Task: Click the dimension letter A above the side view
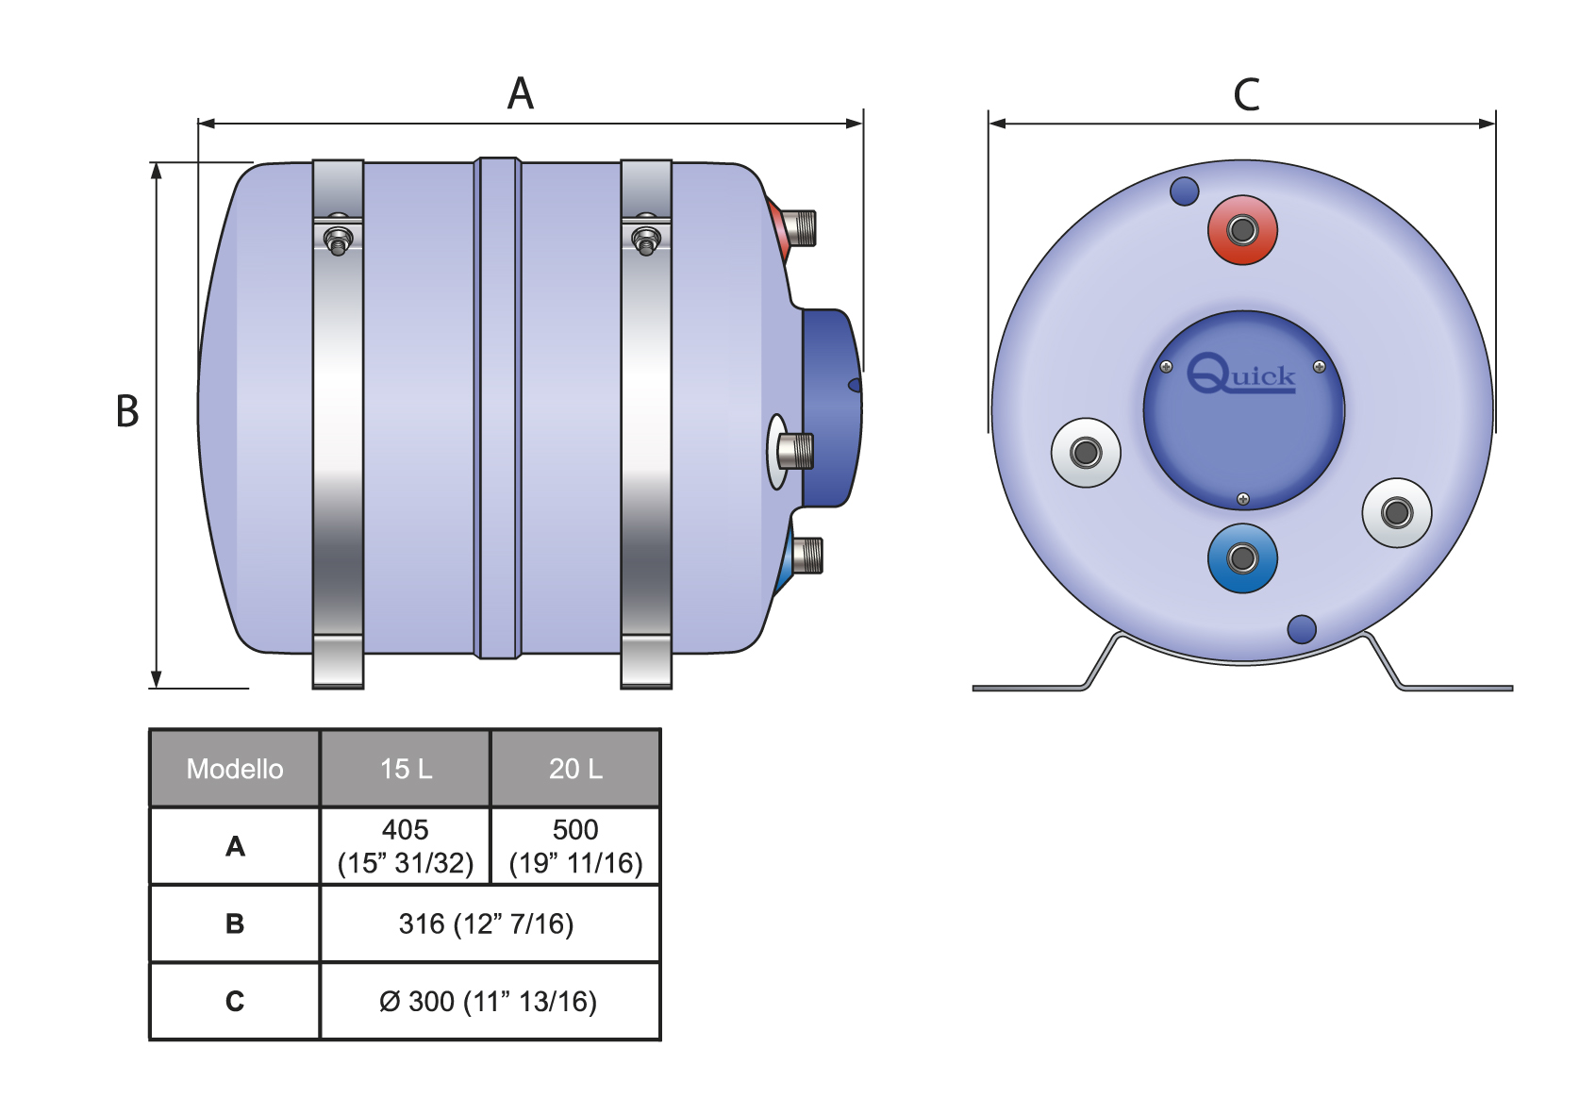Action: pos(520,93)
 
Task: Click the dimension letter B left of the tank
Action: pos(127,411)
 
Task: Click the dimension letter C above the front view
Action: pos(1246,94)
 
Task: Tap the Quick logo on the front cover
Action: pos(1241,374)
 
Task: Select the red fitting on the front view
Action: pos(1242,230)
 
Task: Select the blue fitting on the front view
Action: pos(1242,558)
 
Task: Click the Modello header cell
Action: pos(235,769)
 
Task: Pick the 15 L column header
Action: pos(406,769)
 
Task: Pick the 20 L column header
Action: pos(575,769)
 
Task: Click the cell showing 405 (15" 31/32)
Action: pos(406,846)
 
